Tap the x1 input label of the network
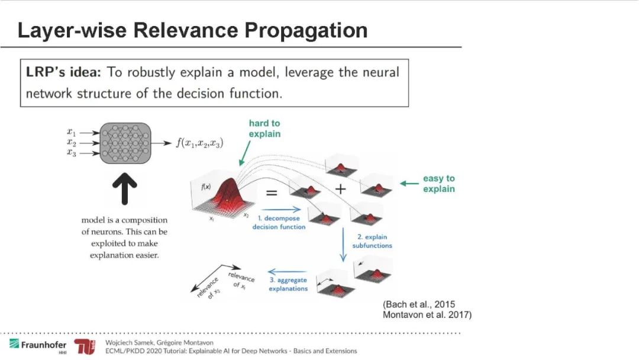click(71, 133)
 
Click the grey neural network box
click(125, 143)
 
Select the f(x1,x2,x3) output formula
click(199, 143)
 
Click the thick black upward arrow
click(125, 189)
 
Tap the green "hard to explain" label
click(264, 128)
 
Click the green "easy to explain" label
click(438, 184)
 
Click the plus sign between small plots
click(340, 188)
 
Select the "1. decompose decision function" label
click(279, 222)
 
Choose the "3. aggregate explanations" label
click(288, 284)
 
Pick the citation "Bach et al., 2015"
click(419, 304)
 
